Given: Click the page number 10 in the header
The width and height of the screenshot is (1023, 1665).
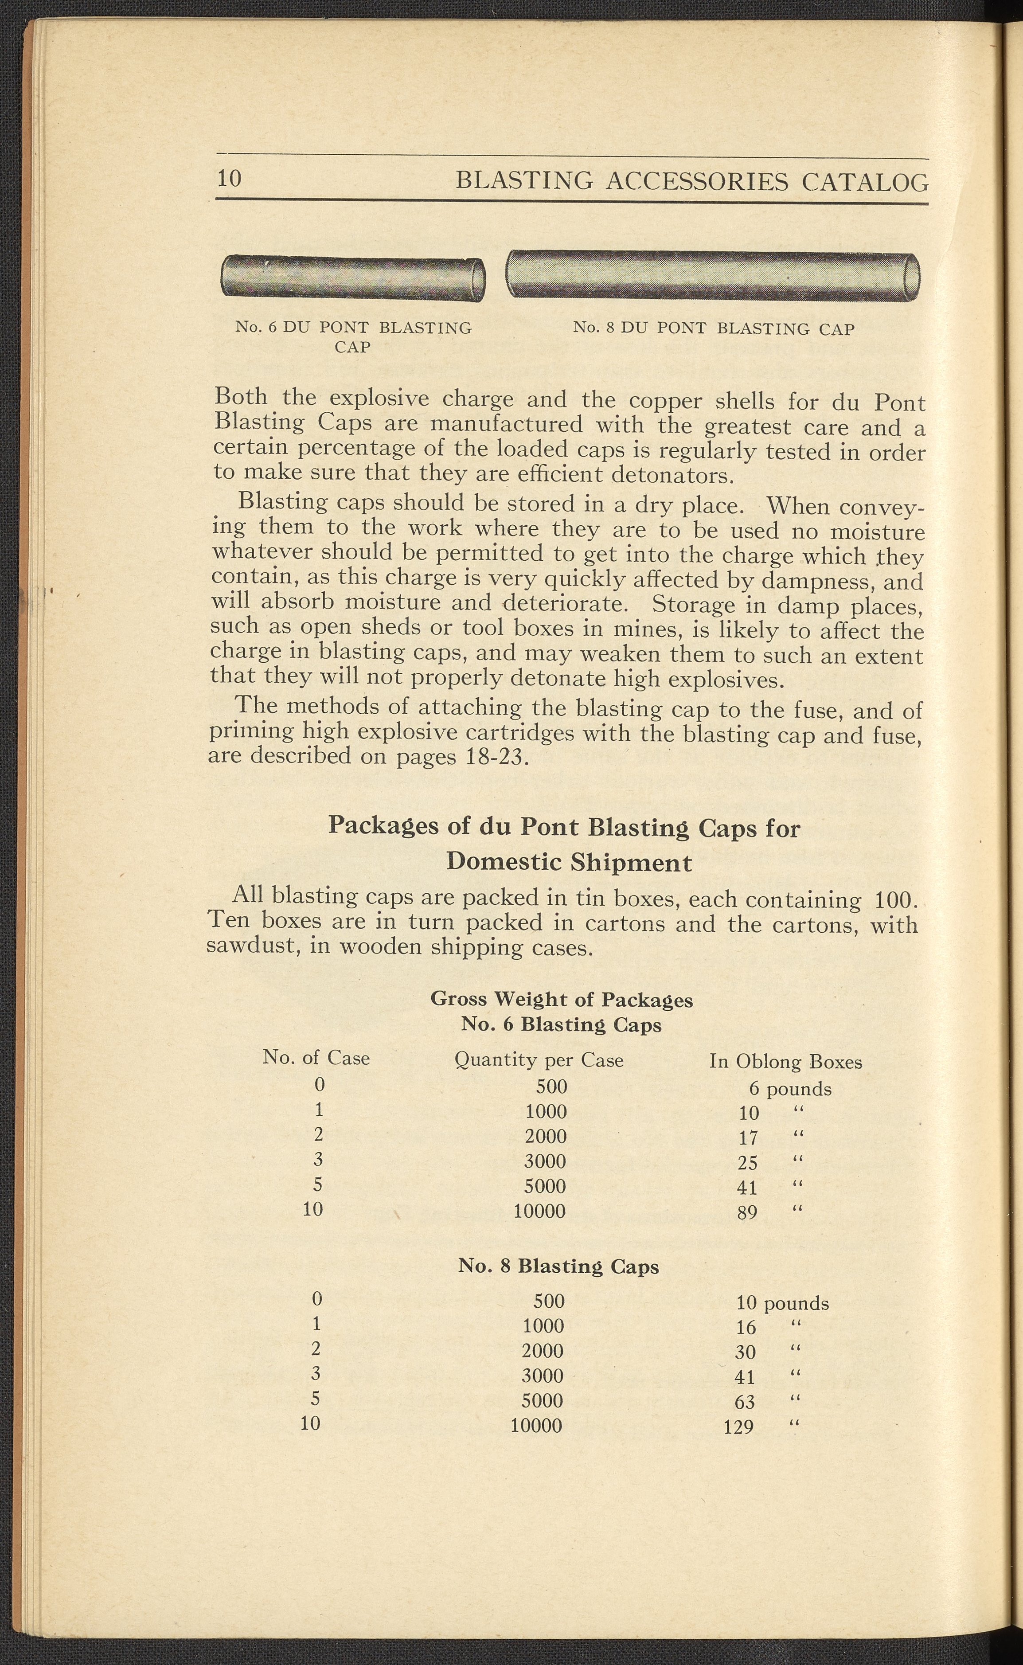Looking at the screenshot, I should point(229,178).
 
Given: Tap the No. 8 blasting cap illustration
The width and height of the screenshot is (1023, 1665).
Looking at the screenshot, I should point(712,275).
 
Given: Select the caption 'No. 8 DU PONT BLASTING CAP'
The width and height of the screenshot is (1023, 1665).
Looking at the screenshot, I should point(713,329).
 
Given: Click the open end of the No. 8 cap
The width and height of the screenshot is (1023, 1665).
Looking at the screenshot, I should point(911,275).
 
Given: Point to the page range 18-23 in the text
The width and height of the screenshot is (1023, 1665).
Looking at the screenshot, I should point(495,756).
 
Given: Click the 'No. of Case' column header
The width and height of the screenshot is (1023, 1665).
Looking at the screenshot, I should point(316,1057).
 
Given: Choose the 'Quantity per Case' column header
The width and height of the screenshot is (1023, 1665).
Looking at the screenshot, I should point(539,1059).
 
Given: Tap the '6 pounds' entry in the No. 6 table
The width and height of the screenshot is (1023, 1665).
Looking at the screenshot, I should point(789,1089).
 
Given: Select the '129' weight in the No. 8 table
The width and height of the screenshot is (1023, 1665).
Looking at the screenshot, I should point(738,1427).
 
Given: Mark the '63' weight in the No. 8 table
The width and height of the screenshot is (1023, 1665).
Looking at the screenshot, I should point(744,1402).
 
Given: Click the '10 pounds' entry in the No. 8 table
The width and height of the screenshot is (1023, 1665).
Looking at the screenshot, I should point(782,1303).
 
